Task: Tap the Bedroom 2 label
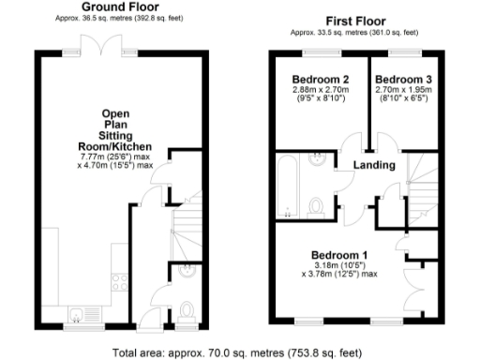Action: tap(321, 78)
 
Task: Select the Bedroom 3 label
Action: tap(405, 78)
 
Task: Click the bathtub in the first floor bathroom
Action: tap(288, 186)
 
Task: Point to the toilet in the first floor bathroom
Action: tap(317, 205)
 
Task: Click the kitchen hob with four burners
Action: tap(120, 278)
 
